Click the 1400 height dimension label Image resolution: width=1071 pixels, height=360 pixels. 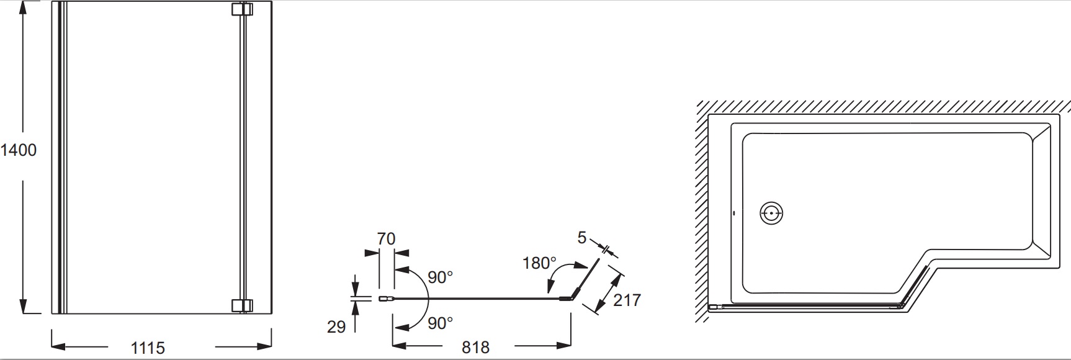tap(19, 150)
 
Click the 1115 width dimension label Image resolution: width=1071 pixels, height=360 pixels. tap(148, 348)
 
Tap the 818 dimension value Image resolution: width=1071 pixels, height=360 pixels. tap(475, 347)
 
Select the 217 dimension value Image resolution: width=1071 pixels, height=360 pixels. tap(627, 300)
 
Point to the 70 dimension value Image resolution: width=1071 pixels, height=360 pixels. tap(386, 239)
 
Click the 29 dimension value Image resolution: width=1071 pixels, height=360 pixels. tap(336, 326)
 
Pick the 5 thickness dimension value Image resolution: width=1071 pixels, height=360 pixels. tap(581, 238)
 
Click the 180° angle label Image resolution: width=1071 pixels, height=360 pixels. tap(539, 263)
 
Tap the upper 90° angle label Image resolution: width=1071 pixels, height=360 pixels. tap(440, 277)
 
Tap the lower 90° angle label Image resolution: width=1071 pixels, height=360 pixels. tap(440, 323)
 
